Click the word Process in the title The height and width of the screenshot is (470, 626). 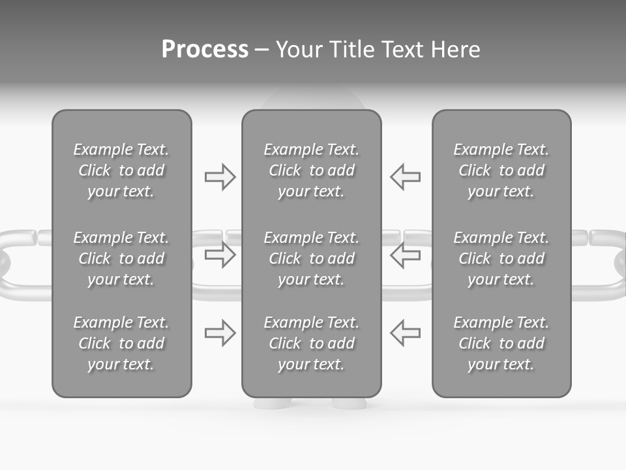click(205, 50)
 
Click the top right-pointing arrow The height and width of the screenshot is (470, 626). click(220, 177)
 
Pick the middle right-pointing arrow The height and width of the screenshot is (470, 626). click(220, 255)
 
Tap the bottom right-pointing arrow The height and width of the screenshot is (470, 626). click(220, 333)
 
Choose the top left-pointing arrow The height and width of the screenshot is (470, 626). click(406, 177)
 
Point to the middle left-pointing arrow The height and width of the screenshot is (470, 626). click(406, 255)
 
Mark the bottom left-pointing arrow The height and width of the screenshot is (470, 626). click(406, 333)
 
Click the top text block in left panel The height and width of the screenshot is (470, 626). click(121, 170)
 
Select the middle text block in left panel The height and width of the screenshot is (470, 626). click(121, 258)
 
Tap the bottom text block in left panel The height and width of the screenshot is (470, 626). click(121, 343)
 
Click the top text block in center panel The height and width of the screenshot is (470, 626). click(311, 170)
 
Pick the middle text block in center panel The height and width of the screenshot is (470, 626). click(311, 258)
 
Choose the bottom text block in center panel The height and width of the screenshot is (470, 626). click(311, 343)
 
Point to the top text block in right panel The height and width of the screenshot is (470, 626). click(501, 170)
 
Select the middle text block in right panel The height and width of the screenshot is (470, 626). click(501, 258)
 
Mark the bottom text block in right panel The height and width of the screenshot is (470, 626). click(501, 343)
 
